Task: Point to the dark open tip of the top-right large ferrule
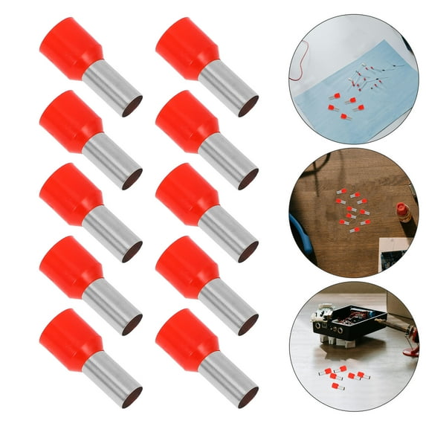[248, 106]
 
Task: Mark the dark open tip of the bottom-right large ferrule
[248, 397]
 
